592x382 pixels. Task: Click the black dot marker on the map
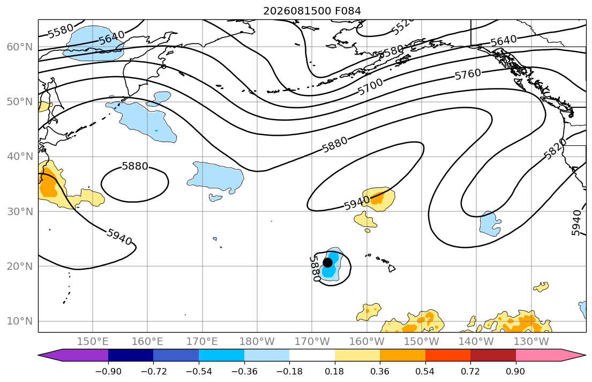328,262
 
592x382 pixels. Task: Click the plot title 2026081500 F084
312,11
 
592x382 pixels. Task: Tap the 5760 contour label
468,75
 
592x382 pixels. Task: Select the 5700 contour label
370,87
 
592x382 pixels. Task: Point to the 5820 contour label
556,149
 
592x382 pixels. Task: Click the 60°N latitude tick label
20,47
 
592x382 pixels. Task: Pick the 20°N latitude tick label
20,266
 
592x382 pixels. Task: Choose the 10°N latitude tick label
20,321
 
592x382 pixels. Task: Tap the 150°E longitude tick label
93,342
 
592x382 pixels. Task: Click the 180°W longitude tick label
257,342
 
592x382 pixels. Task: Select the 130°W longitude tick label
531,342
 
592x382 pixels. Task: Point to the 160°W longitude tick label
366,342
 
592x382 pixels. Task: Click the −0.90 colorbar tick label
108,371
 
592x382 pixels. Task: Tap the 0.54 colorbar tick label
425,371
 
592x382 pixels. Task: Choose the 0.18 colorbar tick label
334,371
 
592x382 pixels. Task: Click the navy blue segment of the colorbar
131,355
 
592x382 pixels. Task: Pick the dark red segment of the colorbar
493,355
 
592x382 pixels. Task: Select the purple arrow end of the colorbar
73,355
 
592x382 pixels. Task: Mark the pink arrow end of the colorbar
551,355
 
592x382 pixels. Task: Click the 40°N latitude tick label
20,157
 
